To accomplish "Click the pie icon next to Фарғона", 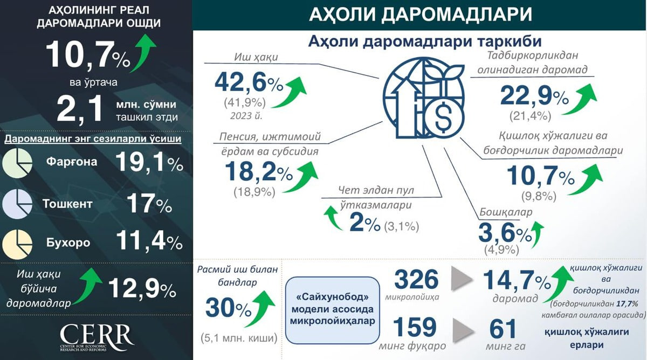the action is [17, 163].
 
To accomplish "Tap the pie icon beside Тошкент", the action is [17, 204].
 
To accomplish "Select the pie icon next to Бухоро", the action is [17, 245].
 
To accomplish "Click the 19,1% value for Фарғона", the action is [149, 163].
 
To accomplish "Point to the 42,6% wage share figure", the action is [249, 83].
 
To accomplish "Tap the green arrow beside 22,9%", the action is [580, 99].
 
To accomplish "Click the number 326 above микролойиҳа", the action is [416, 280].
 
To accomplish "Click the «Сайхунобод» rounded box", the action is [333, 310].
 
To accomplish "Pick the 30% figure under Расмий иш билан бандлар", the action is [229, 308].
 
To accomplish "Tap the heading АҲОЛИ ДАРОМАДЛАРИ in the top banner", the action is [421, 15].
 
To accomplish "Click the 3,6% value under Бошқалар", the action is [505, 233].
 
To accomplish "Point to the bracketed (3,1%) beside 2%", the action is [402, 226].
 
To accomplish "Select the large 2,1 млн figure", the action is [80, 108].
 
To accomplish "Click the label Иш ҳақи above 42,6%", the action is [256, 57].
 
